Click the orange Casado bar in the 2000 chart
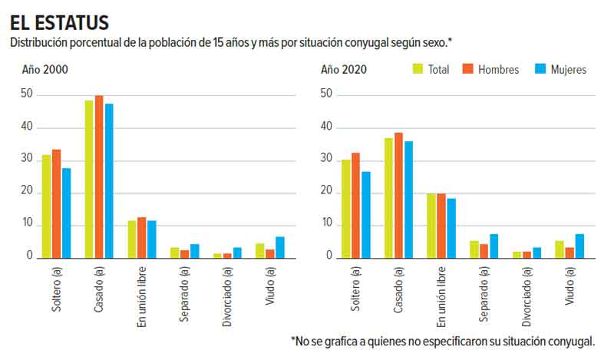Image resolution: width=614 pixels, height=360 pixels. pos(99,177)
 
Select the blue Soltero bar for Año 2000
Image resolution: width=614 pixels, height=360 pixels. pos(67,213)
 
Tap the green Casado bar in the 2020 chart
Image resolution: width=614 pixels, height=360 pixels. pos(388,197)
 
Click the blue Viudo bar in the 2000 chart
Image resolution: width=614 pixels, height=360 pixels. pos(281,247)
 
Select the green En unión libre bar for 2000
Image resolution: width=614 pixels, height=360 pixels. pos(132,239)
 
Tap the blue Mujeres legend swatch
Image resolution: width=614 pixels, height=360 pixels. pos(540,70)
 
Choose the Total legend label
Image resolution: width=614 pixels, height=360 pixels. pos(439,70)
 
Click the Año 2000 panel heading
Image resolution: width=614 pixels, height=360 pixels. pos(45,70)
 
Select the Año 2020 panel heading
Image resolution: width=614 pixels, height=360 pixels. pos(343,70)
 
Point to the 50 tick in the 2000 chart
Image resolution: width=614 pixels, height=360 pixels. pos(28,94)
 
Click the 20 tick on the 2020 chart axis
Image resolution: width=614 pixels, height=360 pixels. pos(326,192)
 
